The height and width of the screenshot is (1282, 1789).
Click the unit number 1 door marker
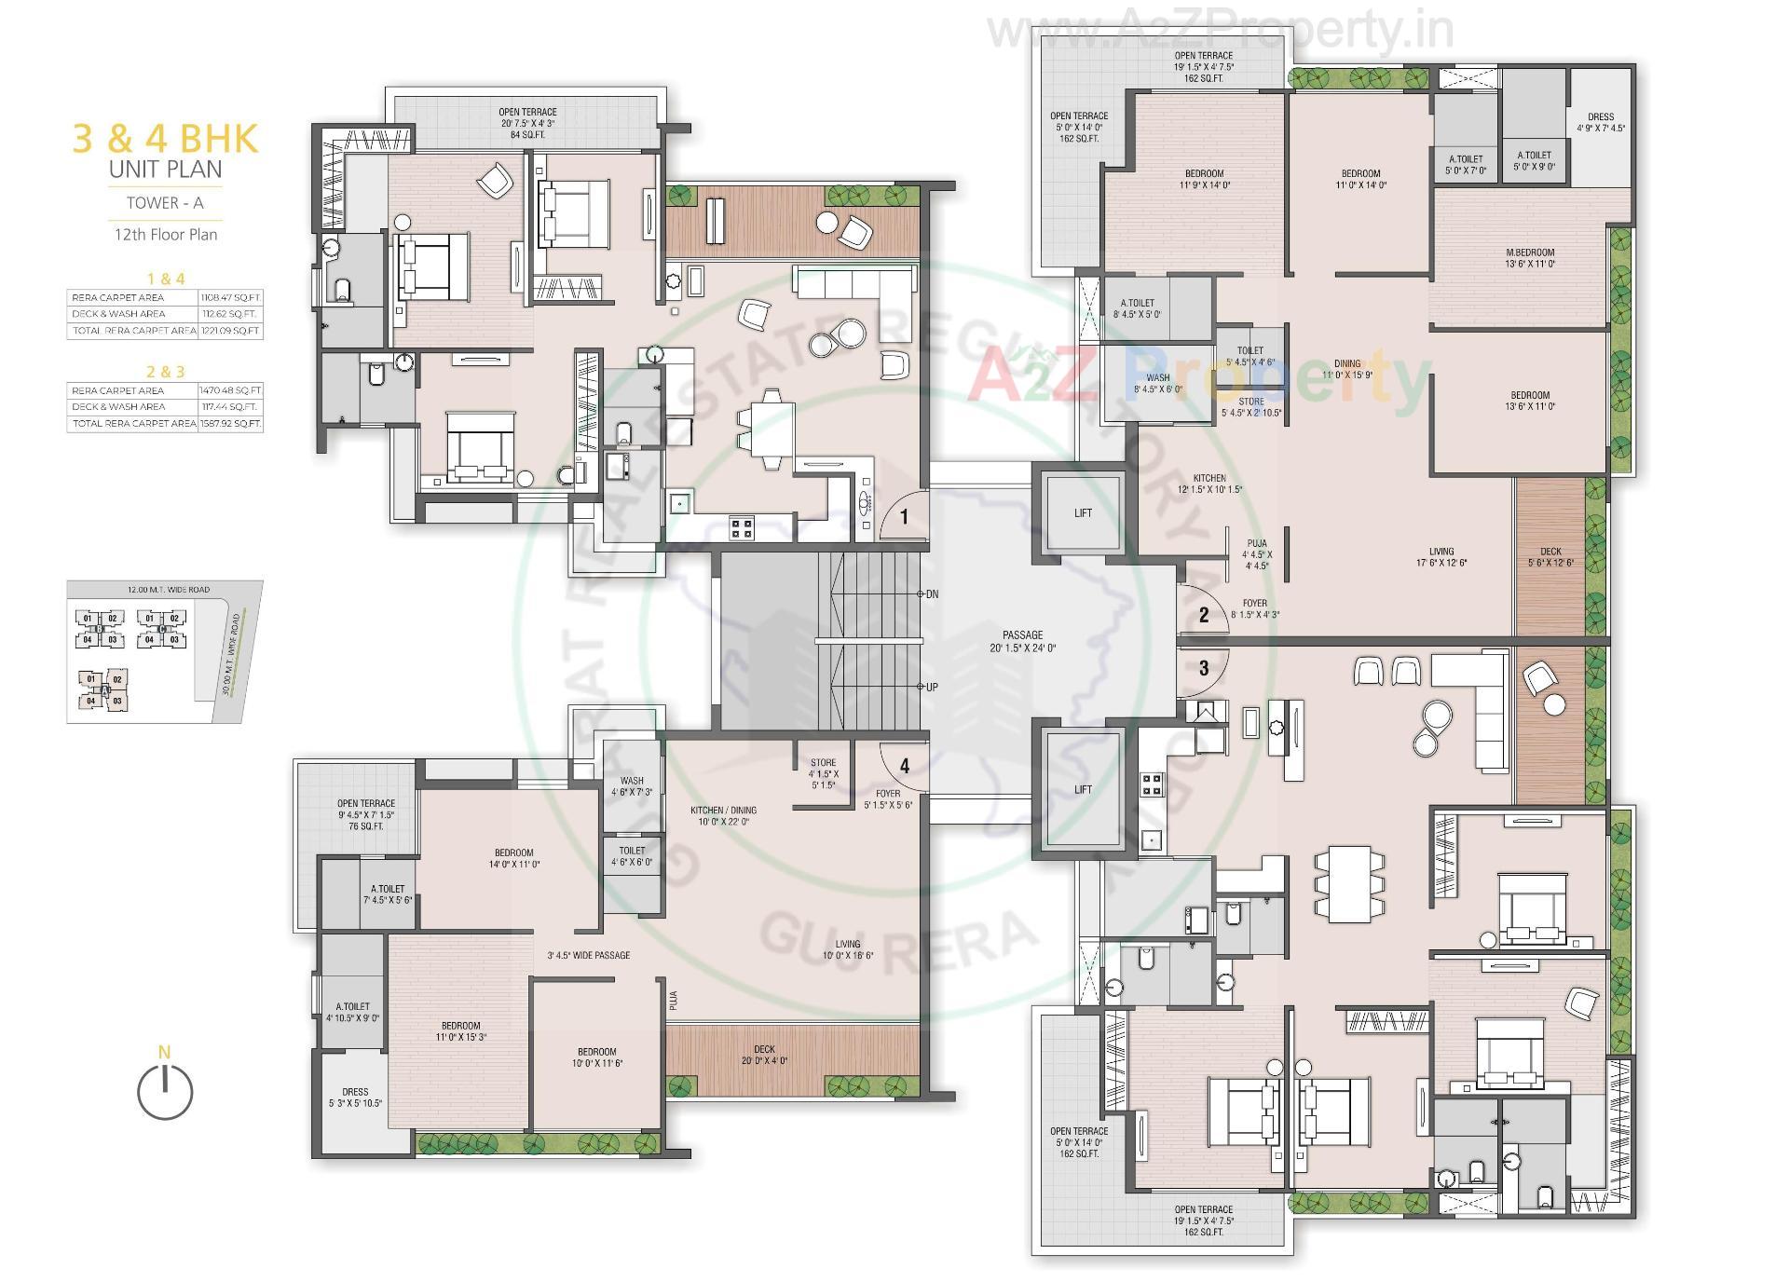tap(903, 516)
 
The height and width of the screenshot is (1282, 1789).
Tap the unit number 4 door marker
tap(904, 766)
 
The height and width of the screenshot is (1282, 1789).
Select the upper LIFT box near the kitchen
tap(1082, 513)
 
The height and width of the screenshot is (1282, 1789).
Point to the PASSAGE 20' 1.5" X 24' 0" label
tap(1022, 641)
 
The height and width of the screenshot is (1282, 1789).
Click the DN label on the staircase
tap(932, 593)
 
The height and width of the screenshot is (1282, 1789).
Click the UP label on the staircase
tap(932, 687)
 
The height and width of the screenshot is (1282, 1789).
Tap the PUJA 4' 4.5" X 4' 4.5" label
tap(1257, 554)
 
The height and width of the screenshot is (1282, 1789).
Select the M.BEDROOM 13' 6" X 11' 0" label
tap(1530, 258)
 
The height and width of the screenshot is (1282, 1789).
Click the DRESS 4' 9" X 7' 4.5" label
tap(1601, 123)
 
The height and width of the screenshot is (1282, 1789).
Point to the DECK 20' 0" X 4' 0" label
tap(764, 1055)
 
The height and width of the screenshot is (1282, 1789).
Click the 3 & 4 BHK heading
tap(165, 139)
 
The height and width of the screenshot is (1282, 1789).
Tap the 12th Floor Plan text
tap(166, 235)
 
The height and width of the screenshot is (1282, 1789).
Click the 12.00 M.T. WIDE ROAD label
tap(169, 589)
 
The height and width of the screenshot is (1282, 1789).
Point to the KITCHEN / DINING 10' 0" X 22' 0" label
tap(723, 816)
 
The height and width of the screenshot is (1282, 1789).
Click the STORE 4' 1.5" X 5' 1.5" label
tap(823, 773)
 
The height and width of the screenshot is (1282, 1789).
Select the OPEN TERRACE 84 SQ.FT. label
tap(527, 123)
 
